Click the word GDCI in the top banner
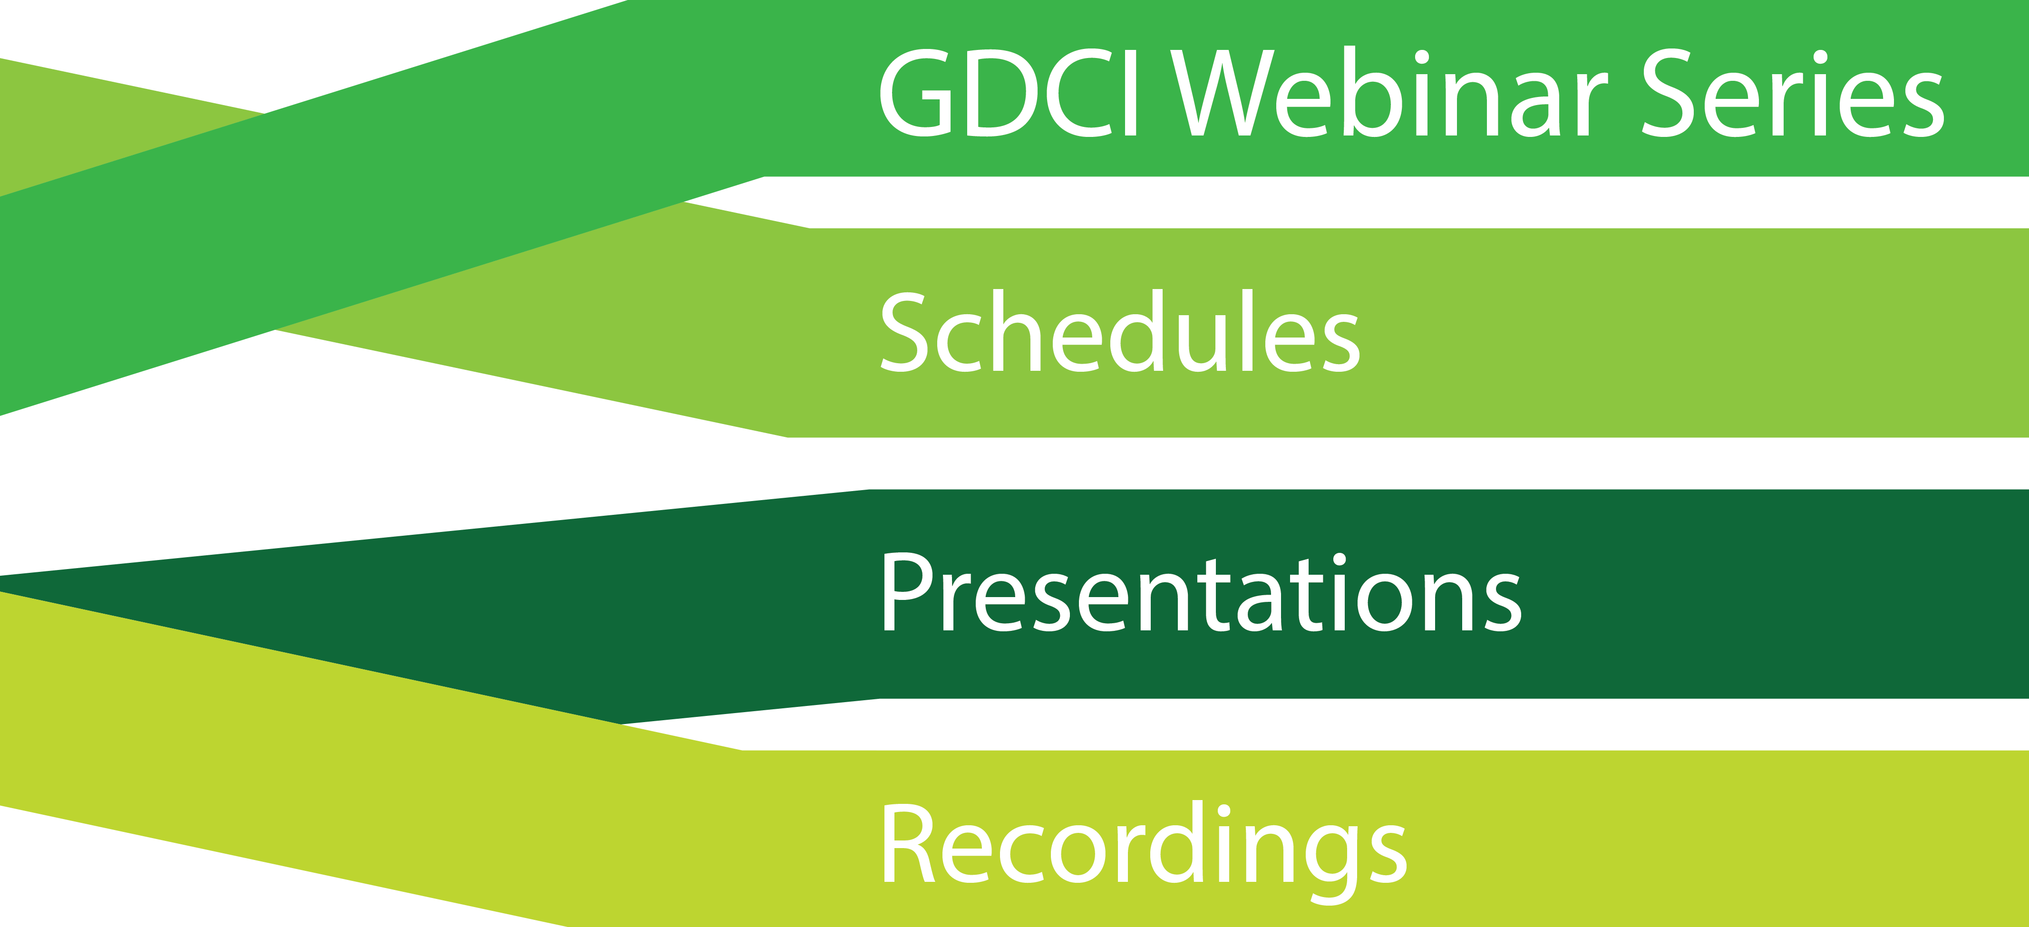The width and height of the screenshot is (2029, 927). (1008, 93)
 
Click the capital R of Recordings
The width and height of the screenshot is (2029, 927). (910, 843)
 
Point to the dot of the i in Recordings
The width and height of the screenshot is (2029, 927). (1223, 811)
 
